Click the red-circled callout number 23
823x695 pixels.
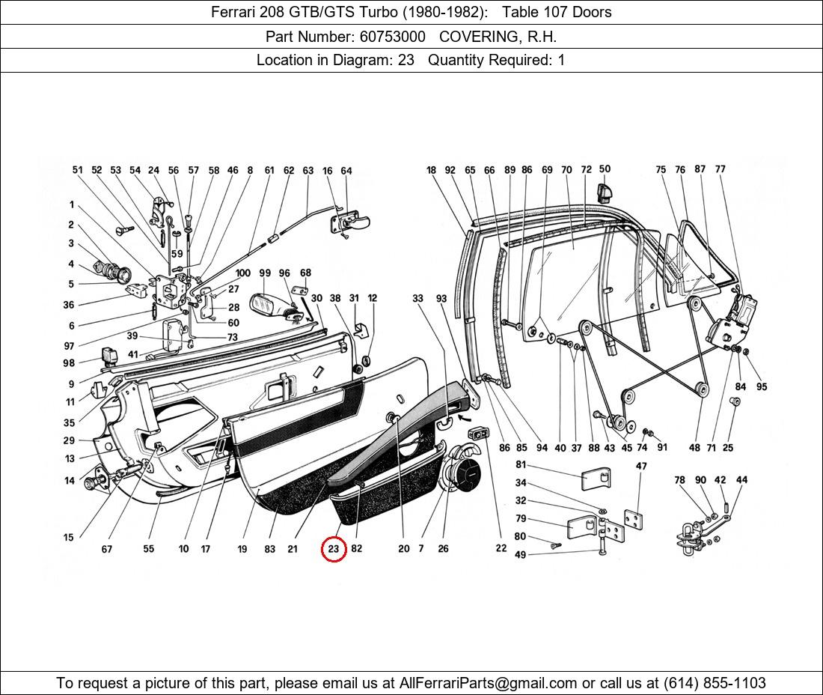333,549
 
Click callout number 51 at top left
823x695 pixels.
78,170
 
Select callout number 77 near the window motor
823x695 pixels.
720,169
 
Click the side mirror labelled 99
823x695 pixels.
265,304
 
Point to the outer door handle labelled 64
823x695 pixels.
351,222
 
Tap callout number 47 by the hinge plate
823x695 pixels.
641,466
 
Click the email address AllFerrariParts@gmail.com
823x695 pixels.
489,682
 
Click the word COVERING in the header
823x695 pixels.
476,36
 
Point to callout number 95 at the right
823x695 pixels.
762,386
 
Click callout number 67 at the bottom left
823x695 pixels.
107,549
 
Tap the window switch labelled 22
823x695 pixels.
480,434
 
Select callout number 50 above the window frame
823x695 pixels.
605,169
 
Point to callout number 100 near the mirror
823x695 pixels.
243,273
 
